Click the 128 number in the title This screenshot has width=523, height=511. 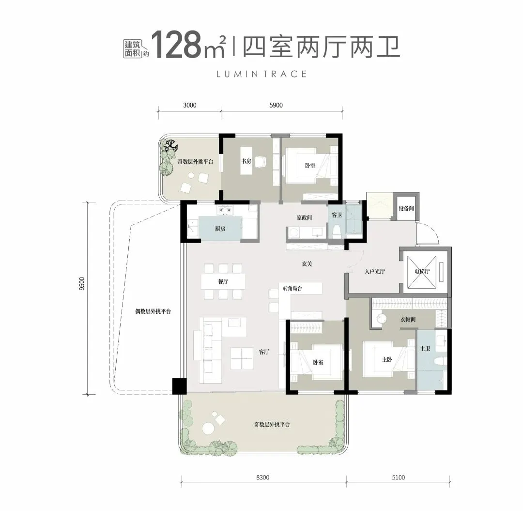(x=176, y=45)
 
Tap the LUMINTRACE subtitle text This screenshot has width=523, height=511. (x=261, y=74)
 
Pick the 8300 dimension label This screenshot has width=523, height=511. (x=263, y=477)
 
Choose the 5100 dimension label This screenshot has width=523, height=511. (x=398, y=477)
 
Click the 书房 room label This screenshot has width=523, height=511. (x=246, y=162)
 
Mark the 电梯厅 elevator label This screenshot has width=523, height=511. (x=423, y=272)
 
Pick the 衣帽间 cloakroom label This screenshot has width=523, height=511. (x=407, y=320)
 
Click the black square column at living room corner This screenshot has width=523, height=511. (x=179, y=386)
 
